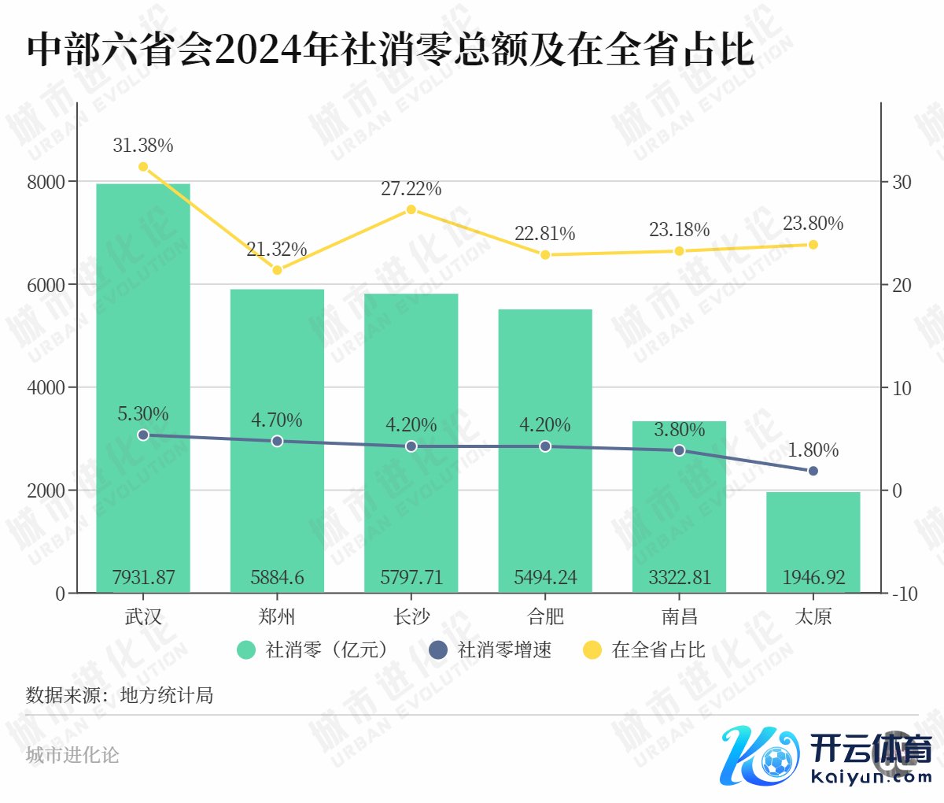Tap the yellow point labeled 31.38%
point(143,167)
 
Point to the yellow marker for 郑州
point(277,270)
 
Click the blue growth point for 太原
point(813,471)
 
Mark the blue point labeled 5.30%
point(143,435)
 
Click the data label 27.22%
point(411,189)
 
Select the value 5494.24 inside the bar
point(545,578)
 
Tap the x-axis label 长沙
point(411,616)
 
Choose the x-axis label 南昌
point(680,616)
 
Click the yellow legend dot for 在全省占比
point(592,650)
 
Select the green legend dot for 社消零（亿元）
point(246,650)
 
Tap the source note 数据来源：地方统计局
point(120,695)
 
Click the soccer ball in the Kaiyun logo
point(778,762)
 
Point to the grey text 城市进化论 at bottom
point(72,755)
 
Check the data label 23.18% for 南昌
point(680,230)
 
